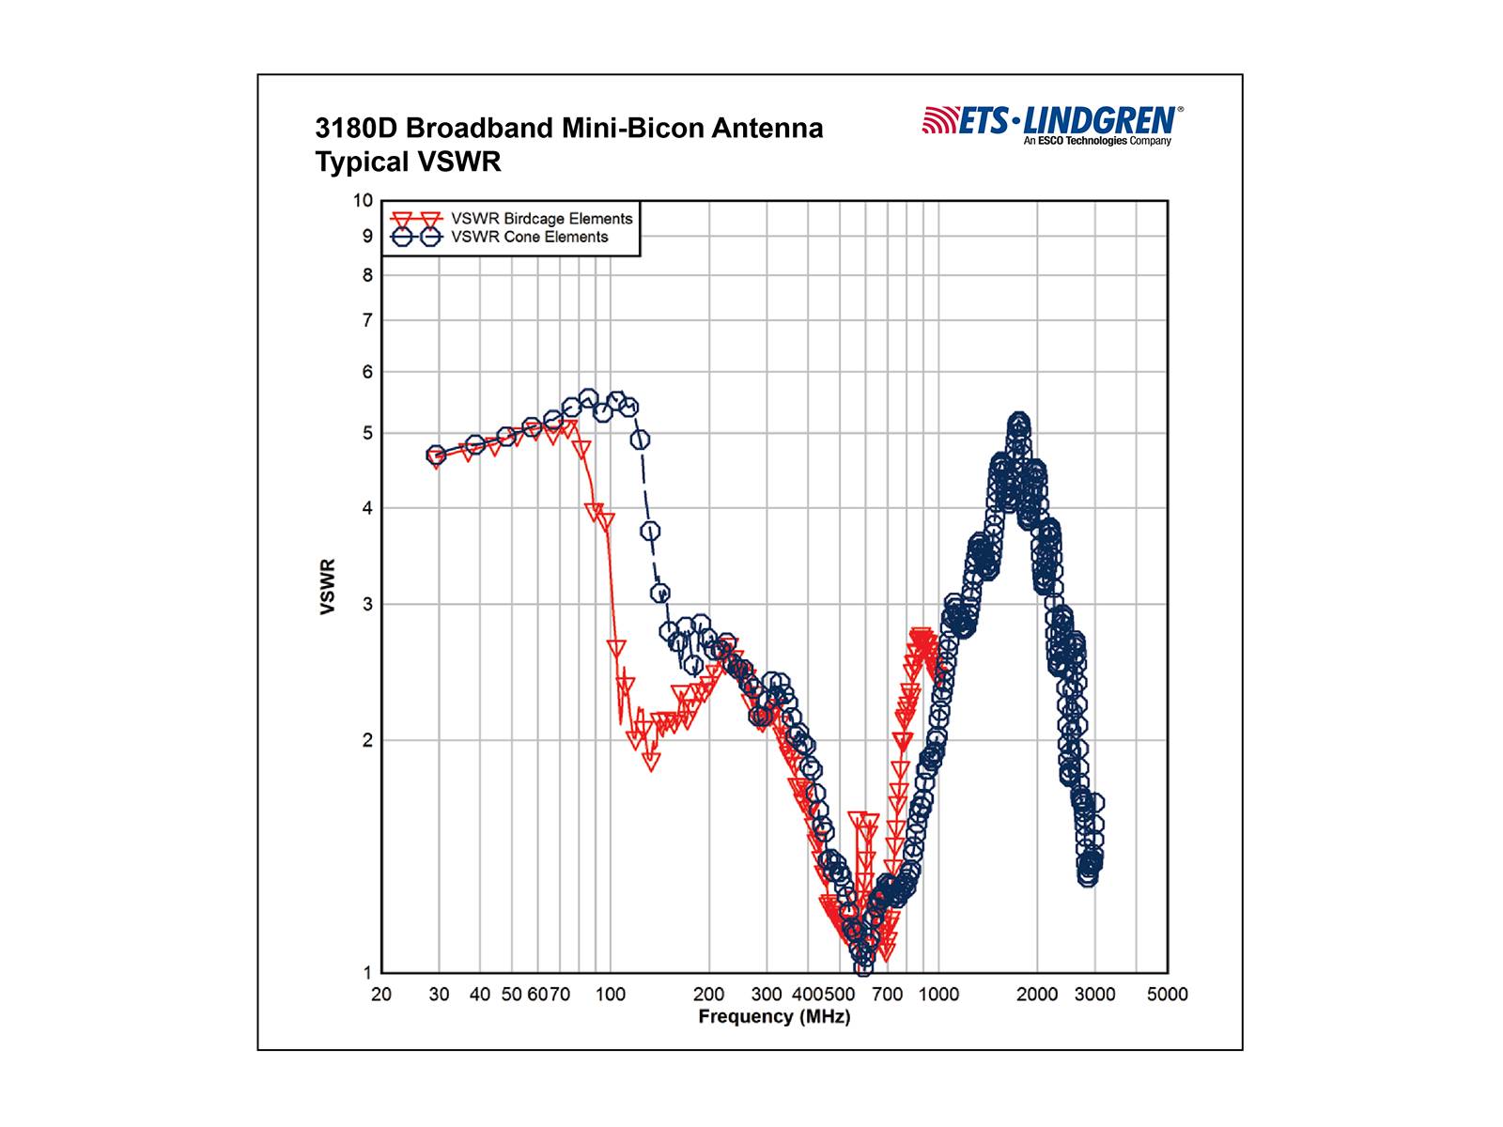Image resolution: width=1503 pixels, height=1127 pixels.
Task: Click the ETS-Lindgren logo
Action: click(x=1052, y=121)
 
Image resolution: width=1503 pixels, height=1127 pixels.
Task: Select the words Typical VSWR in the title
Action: click(x=408, y=162)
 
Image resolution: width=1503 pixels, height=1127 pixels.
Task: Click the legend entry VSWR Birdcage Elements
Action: click(x=541, y=219)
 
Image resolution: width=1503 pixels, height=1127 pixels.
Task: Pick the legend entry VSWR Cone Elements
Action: click(x=529, y=238)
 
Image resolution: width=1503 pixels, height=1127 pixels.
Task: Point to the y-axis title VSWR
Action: click(x=328, y=587)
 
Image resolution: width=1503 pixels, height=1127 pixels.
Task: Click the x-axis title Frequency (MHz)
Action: click(x=773, y=1017)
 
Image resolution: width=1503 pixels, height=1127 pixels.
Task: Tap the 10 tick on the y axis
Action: click(x=363, y=200)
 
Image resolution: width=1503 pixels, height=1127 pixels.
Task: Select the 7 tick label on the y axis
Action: click(x=367, y=320)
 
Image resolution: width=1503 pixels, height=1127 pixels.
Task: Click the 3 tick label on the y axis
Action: click(x=367, y=604)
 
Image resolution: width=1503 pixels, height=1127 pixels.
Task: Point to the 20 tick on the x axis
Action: click(x=381, y=995)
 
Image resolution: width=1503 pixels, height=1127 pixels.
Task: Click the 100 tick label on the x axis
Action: click(x=610, y=995)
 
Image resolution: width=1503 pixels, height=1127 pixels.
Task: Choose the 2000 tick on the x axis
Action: click(x=1037, y=995)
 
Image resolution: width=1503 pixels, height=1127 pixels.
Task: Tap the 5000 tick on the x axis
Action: click(x=1168, y=995)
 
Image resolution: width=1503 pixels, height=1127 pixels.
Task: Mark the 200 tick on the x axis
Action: click(x=708, y=995)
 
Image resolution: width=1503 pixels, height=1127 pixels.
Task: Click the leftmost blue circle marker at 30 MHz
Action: click(x=436, y=455)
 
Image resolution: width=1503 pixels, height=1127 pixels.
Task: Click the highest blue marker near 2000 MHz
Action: click(x=1019, y=424)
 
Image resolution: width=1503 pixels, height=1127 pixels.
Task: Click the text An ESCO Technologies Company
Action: click(x=1097, y=141)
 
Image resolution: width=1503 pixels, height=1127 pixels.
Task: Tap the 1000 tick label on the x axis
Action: click(x=938, y=995)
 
